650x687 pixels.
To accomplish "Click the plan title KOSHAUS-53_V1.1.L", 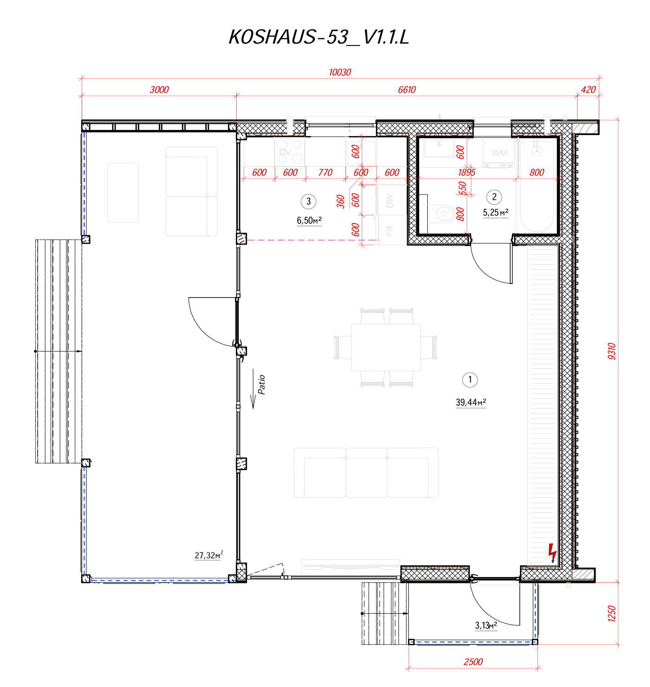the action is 318,37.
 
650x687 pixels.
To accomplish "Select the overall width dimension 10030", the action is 340,72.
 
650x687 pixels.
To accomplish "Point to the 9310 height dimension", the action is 611,351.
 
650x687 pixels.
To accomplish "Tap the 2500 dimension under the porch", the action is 474,662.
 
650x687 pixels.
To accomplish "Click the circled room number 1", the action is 469,380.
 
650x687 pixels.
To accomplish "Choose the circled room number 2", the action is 494,197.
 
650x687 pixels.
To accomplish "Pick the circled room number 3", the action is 308,201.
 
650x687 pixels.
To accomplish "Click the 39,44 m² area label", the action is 471,402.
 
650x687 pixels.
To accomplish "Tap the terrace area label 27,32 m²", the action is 209,555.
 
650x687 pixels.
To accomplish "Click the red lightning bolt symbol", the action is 552,553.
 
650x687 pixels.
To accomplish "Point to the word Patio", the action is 261,384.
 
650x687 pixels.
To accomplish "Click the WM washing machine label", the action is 499,153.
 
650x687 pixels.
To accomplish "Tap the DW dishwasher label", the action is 390,201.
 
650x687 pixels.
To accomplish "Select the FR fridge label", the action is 390,231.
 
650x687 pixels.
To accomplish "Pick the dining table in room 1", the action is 386,347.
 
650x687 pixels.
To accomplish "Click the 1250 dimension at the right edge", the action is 611,613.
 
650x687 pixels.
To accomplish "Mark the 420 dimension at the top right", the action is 588,90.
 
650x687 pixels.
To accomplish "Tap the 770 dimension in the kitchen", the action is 325,172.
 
